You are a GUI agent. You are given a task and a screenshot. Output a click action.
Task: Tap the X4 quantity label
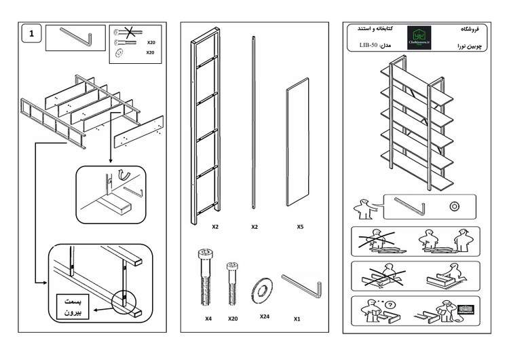(208, 318)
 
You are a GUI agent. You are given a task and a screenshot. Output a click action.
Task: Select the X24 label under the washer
(265, 316)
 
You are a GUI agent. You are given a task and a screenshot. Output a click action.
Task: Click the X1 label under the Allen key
(297, 318)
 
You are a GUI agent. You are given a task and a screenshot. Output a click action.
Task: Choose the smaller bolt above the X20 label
(232, 283)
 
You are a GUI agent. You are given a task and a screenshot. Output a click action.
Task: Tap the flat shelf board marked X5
(299, 144)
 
